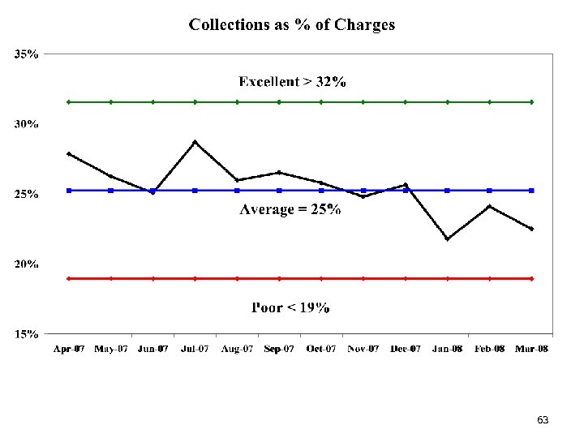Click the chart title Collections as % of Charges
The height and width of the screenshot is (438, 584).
pos(292,24)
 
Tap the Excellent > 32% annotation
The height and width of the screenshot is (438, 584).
pos(292,81)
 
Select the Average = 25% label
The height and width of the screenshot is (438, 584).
pos(290,209)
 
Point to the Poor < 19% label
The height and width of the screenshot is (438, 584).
pos(290,307)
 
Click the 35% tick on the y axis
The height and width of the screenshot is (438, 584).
pos(26,54)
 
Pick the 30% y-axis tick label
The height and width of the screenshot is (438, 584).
pos(26,124)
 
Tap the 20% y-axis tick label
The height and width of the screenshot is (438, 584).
pos(26,264)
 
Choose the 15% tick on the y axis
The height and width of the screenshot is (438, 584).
pos(26,333)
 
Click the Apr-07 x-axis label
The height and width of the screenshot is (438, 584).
pos(69,349)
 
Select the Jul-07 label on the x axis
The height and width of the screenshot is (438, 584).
pos(195,349)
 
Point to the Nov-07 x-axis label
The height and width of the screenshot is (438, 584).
pos(363,349)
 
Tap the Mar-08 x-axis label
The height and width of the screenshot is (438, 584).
pos(531,349)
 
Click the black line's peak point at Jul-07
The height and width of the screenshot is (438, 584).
pos(195,142)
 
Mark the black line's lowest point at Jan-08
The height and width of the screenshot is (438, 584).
pos(447,238)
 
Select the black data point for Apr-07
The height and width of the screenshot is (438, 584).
pos(69,153)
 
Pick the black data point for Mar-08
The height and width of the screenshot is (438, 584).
pos(531,229)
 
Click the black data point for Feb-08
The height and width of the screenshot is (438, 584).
pos(489,206)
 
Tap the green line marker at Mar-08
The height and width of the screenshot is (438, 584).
pos(531,102)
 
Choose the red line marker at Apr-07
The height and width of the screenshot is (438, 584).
pos(69,278)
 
